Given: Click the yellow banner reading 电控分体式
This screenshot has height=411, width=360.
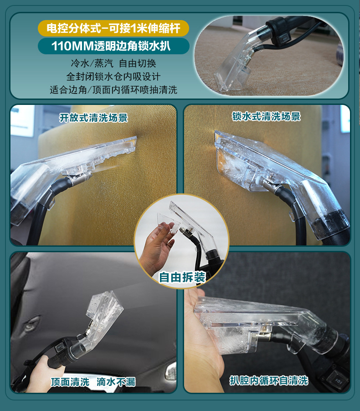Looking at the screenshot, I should click(x=113, y=29).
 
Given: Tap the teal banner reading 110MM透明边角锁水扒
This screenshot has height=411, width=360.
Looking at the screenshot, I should click(x=113, y=46).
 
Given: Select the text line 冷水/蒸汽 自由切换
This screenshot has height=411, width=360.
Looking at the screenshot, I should click(x=113, y=63).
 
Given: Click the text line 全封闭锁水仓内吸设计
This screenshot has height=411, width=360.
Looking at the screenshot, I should click(x=113, y=76).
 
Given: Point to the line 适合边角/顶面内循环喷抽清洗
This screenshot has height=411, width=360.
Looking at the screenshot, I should click(x=113, y=89).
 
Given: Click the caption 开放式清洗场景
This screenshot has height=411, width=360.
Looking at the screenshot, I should click(x=93, y=118).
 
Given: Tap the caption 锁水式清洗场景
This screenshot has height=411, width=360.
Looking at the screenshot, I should click(x=266, y=116).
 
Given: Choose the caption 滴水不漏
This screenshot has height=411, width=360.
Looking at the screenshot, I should click(x=116, y=382).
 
